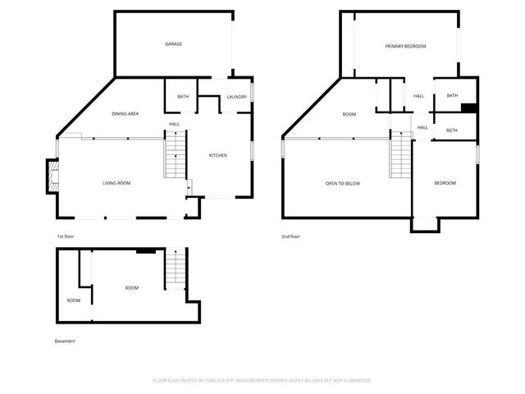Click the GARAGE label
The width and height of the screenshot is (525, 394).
[173, 44]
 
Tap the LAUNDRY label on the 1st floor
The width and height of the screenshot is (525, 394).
[236, 97]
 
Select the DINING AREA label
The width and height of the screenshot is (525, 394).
[125, 113]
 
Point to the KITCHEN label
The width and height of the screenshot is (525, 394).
[217, 155]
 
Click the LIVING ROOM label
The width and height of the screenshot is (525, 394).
[116, 183]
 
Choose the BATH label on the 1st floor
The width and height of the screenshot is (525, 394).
[183, 97]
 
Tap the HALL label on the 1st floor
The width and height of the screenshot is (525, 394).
[175, 124]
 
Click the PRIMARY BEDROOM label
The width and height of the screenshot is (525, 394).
[405, 46]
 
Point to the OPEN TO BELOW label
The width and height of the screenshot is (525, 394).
[343, 183]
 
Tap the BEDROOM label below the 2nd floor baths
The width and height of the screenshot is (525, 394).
[445, 183]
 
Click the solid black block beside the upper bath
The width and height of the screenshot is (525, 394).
[468, 107]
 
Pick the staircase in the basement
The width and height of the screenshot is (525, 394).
[176, 270]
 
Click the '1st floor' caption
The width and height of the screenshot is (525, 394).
[66, 236]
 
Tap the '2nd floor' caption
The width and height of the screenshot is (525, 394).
[290, 236]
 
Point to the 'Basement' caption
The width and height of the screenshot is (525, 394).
[65, 341]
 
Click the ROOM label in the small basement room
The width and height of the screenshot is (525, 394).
[74, 300]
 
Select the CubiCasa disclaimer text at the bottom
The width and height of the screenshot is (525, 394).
[262, 381]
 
